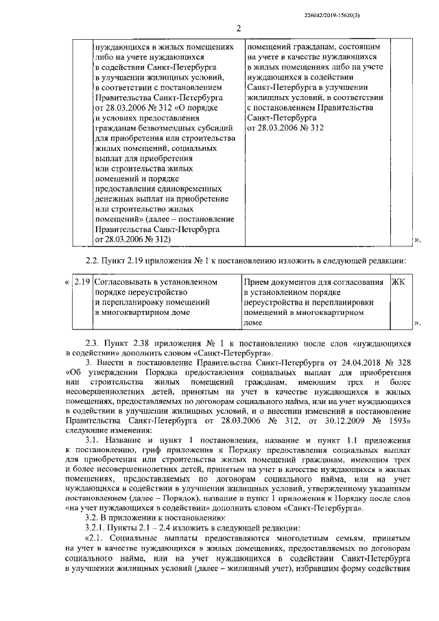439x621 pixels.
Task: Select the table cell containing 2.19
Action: pos(82,281)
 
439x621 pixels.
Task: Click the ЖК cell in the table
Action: pos(397,281)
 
